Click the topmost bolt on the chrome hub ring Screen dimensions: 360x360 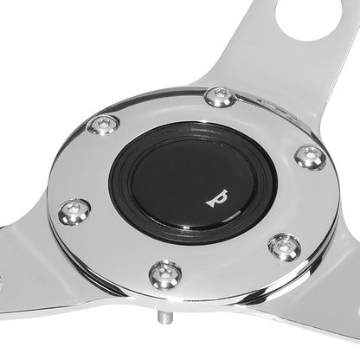tap(221, 97)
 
